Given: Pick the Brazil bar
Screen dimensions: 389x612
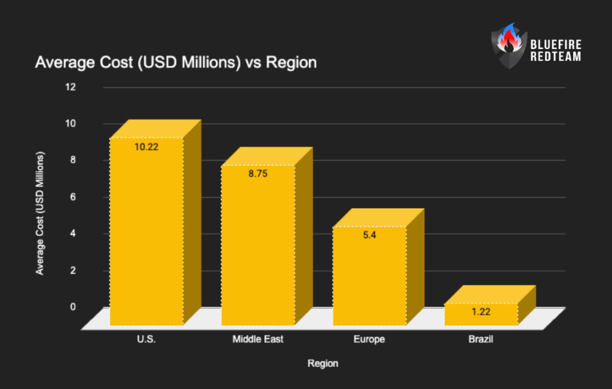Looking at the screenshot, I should tap(481, 316).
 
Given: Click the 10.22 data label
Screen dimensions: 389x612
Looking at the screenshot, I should tap(146, 146).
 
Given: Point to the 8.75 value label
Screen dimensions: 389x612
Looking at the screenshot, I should tap(258, 174).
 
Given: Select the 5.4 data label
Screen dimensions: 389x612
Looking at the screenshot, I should tap(369, 235).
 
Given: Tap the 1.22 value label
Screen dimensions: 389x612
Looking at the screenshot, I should tap(481, 312).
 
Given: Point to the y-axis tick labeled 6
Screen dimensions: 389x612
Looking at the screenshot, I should tap(73, 197).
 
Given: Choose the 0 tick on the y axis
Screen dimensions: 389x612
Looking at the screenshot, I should tap(73, 307).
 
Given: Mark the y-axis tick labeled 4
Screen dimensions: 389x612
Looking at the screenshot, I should tap(73, 234).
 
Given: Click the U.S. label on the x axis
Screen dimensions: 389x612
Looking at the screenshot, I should tap(146, 340).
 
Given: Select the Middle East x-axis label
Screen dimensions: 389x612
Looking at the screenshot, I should tap(258, 340).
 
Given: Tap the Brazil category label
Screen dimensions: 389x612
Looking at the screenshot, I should tap(481, 340).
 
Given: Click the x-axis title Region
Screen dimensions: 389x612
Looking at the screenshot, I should tap(323, 363).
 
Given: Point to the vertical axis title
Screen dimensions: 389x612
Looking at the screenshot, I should tap(40, 213).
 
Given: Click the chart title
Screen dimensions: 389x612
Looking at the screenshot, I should tap(176, 62).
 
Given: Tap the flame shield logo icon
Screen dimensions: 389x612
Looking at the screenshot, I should tap(506, 45).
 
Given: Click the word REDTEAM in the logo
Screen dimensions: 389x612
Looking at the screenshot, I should tap(555, 56).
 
